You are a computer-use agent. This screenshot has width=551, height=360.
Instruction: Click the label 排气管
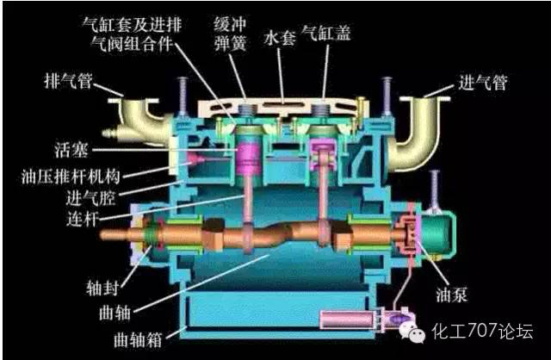click(69, 81)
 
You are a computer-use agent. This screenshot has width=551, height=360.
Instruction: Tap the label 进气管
click(482, 83)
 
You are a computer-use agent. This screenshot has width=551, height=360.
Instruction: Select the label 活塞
click(71, 150)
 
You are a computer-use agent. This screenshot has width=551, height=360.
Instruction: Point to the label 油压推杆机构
click(71, 177)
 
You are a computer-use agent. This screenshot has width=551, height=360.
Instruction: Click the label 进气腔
click(90, 198)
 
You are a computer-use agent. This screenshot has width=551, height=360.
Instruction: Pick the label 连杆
click(82, 219)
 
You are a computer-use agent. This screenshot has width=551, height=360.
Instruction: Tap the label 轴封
click(102, 288)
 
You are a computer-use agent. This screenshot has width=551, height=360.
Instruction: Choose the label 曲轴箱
click(138, 339)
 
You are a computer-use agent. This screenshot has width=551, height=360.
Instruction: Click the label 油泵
click(452, 295)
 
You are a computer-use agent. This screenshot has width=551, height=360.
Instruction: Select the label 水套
click(280, 37)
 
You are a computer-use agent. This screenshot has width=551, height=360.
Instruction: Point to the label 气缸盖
click(326, 33)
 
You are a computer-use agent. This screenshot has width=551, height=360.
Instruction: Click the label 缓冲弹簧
click(230, 34)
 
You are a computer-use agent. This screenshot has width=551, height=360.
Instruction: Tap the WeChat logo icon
click(412, 332)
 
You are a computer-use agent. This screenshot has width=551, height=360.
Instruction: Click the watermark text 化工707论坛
click(482, 331)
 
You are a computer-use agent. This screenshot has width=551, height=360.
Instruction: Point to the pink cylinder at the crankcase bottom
click(347, 320)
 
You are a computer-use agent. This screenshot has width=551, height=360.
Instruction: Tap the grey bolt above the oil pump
click(435, 189)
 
